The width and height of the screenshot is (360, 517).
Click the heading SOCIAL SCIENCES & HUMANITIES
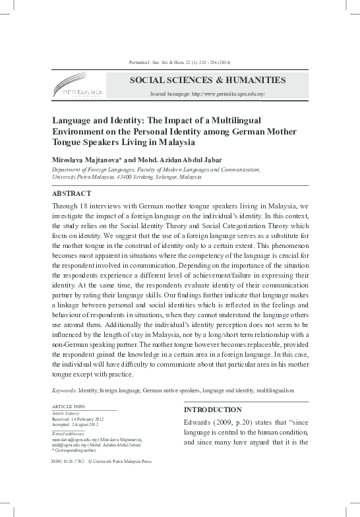tap(208, 80)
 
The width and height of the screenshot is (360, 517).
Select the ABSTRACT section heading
tap(69, 195)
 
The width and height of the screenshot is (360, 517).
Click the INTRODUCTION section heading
tap(212, 410)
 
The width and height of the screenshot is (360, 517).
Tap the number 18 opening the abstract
tap(83, 206)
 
